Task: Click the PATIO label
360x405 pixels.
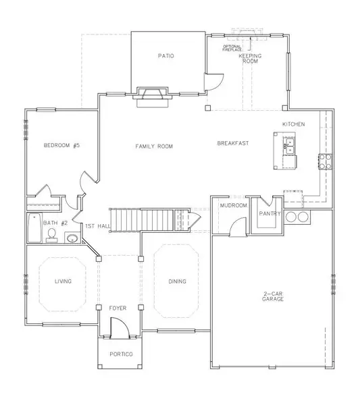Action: [x=166, y=56]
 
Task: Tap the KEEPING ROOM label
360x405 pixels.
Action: [x=250, y=58]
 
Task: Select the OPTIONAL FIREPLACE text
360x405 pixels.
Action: [x=232, y=48]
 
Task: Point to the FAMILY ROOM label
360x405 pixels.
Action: [x=154, y=146]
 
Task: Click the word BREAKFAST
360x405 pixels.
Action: [x=233, y=143]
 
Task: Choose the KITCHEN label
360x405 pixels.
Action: [x=293, y=124]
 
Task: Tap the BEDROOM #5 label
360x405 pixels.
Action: [x=61, y=145]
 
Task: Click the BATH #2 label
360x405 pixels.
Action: [x=55, y=223]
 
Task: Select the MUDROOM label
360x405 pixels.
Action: [x=234, y=205]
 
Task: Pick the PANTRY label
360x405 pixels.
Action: [x=269, y=213]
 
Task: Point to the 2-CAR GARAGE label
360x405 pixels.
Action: [x=273, y=296]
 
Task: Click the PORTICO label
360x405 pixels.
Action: [x=121, y=354]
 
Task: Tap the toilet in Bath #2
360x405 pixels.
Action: [x=52, y=235]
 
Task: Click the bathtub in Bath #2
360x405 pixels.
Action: [x=35, y=228]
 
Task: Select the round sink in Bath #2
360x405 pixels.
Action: [x=72, y=238]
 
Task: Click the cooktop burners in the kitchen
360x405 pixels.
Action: [x=325, y=161]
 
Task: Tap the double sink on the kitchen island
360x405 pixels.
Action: [x=290, y=146]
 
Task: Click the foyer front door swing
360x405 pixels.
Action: [x=120, y=327]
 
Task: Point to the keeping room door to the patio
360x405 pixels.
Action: [x=214, y=82]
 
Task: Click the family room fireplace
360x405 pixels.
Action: [x=153, y=97]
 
